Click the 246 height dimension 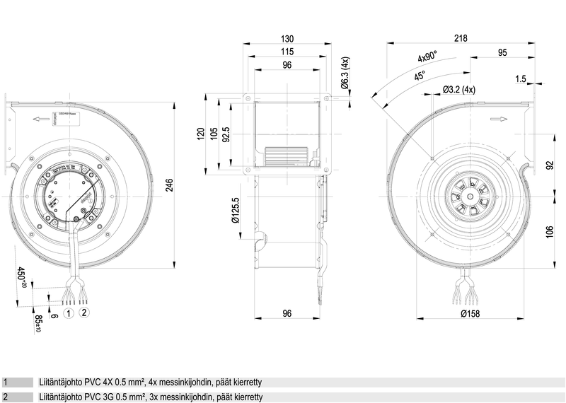[190, 185]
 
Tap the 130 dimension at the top [287, 39]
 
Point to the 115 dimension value [287, 53]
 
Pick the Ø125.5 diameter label [236, 210]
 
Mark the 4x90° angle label [427, 57]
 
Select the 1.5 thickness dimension [521, 79]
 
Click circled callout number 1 [69, 312]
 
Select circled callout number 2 [83, 312]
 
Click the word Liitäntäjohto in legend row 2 [62, 397]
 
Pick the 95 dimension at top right [502, 53]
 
